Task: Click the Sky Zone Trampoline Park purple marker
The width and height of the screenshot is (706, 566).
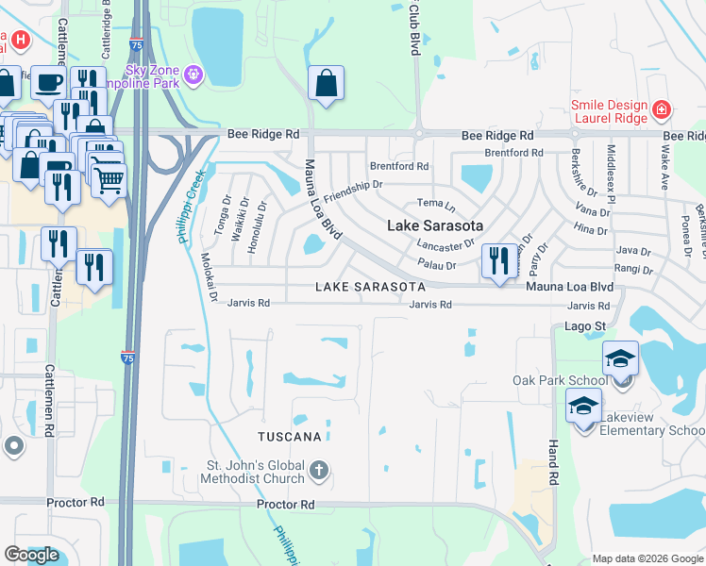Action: coord(194,75)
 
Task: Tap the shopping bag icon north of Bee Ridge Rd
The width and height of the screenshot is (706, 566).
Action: coord(325,83)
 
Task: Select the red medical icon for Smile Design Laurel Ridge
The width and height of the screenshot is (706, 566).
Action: coord(662,109)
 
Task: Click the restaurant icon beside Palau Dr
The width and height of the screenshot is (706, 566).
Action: coord(497,259)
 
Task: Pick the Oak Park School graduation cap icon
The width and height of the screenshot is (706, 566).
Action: coord(620,359)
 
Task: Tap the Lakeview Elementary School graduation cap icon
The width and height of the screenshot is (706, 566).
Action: coord(584,407)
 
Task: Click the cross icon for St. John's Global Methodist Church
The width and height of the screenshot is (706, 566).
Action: coord(320,469)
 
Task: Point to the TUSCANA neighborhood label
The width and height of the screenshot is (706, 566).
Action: coord(292,437)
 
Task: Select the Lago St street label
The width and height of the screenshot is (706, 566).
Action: coord(585,326)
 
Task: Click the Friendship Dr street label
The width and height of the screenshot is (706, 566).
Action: coord(352,191)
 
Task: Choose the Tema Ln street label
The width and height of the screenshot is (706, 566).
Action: coord(436,204)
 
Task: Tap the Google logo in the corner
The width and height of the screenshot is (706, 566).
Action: coord(32,555)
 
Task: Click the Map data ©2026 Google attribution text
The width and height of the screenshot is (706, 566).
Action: coord(647,558)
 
